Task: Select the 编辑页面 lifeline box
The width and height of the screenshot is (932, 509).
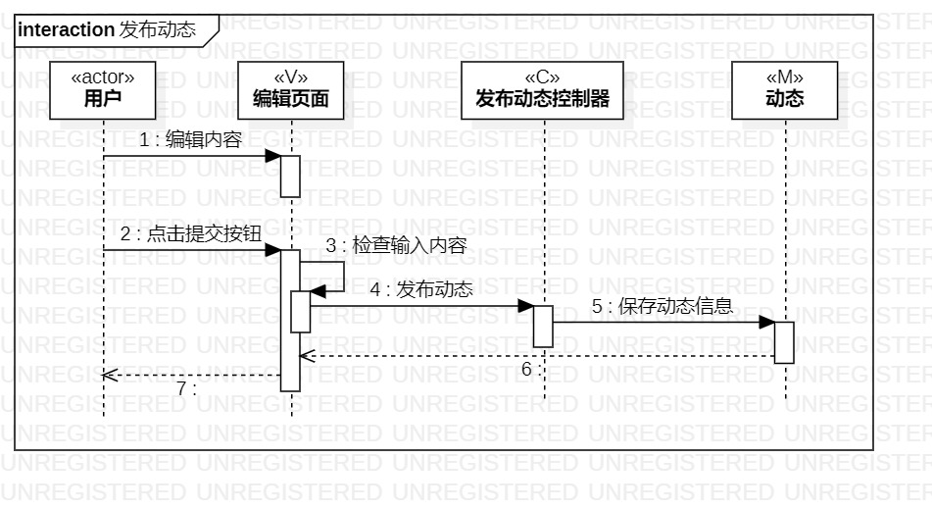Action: [290, 89]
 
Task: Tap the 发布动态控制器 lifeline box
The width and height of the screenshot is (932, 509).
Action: [542, 89]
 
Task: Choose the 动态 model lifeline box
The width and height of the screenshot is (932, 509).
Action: [784, 89]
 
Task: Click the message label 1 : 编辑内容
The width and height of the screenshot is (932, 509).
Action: [190, 140]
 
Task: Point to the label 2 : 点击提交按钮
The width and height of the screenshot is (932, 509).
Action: [191, 234]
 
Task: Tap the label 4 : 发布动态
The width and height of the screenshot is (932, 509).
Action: [421, 289]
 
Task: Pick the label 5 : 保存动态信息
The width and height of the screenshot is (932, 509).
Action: [662, 305]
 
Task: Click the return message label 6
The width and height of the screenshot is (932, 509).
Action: [528, 370]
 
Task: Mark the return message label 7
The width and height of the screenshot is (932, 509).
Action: [185, 387]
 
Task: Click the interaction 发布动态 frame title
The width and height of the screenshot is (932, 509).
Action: [107, 29]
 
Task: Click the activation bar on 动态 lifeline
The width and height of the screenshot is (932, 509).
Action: [784, 341]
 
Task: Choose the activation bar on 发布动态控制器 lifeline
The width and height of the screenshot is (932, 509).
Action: [542, 326]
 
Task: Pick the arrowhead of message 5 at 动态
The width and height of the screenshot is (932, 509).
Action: [767, 322]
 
